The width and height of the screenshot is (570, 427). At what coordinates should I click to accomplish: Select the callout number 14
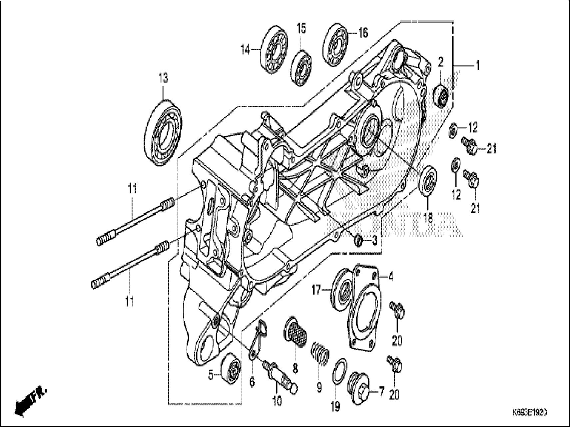point(245,50)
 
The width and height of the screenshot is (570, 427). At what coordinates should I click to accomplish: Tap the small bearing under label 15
point(301,68)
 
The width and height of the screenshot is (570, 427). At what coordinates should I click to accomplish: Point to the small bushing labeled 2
point(442,95)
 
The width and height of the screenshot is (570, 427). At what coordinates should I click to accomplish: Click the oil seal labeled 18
point(427,181)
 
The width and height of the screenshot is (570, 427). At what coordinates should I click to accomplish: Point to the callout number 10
point(277,401)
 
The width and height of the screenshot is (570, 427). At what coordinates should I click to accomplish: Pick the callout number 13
point(163,79)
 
